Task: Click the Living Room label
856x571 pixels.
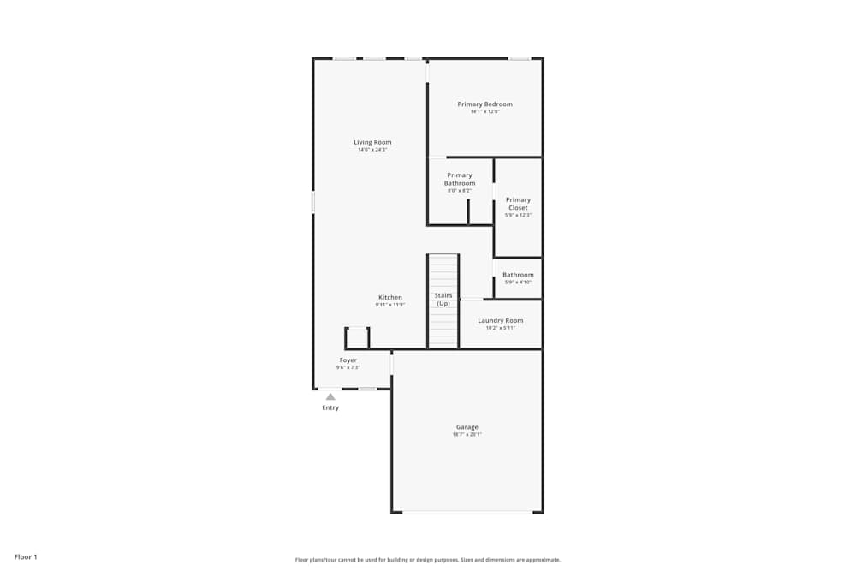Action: click(x=372, y=142)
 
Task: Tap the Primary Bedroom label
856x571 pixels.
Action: click(x=484, y=104)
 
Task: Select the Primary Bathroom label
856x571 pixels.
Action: click(x=459, y=179)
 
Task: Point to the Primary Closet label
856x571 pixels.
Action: click(x=518, y=204)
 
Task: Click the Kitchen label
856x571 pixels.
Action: click(x=390, y=297)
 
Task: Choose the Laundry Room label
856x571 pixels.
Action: click(x=500, y=320)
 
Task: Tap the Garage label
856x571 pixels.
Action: click(x=467, y=427)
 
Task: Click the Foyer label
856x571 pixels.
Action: click(x=348, y=360)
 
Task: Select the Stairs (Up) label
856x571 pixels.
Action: click(x=443, y=300)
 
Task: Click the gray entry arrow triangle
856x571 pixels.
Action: click(x=330, y=396)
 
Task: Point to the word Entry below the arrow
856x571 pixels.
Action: click(x=330, y=407)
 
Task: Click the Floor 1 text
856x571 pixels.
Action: click(x=26, y=557)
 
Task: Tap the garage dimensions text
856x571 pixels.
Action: click(x=467, y=435)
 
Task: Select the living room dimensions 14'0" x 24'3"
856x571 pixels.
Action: click(x=372, y=150)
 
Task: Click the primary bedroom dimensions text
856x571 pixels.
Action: click(x=484, y=112)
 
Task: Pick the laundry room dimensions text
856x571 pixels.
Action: click(x=500, y=328)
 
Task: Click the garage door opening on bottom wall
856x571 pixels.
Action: click(x=467, y=512)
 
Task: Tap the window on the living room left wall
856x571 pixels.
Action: click(x=313, y=202)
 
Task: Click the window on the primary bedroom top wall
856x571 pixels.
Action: click(x=520, y=58)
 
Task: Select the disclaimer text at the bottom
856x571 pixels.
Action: click(x=428, y=560)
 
